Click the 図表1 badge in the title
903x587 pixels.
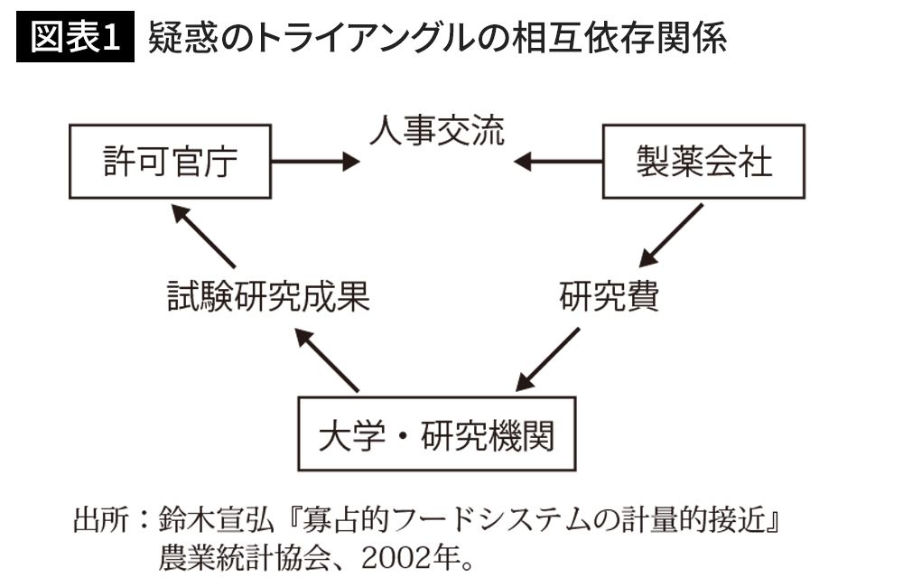pos(75,36)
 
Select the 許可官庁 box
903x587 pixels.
pos(170,162)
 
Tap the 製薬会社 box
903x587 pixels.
pos(703,162)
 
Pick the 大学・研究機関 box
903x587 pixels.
pos(436,433)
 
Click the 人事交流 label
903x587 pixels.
pos(436,130)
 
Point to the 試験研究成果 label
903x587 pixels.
pos(268,296)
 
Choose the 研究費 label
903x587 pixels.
pos(609,296)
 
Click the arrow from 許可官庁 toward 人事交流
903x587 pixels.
pos(315,162)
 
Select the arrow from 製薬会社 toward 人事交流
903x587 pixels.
pos(557,162)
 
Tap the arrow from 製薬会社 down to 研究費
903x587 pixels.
pos(671,235)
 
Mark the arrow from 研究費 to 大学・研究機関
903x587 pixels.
pos(548,359)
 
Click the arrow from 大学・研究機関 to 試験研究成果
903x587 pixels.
pos(327,360)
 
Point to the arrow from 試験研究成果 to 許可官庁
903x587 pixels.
pos(203,236)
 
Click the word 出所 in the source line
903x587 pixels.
pos(101,519)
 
